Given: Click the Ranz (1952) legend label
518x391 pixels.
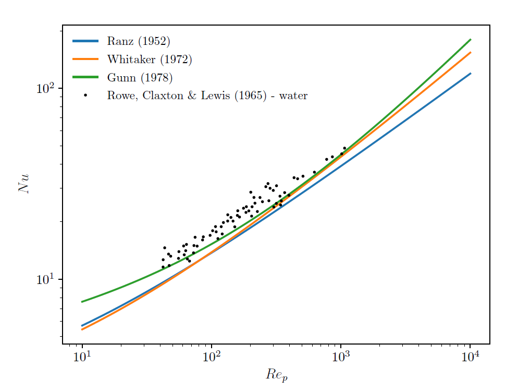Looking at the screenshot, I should point(139,42).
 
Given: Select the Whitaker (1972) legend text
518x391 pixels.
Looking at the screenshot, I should point(149,60).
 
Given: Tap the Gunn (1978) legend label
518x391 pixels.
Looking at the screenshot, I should point(140,78).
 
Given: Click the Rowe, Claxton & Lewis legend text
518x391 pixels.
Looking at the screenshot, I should point(207,96).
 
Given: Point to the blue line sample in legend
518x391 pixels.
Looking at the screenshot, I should point(85,41).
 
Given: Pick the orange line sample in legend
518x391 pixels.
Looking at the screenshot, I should point(85,60).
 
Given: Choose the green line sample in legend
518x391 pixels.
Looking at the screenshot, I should point(85,77).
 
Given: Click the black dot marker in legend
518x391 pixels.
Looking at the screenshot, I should point(85,95).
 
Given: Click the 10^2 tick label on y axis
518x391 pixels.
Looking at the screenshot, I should point(45,88).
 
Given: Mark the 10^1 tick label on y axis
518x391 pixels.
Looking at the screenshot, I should point(45,280).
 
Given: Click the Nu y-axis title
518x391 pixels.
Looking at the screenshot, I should point(24,184).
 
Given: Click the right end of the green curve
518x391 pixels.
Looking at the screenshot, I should point(470,40).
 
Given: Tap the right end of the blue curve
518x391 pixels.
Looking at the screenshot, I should point(470,74).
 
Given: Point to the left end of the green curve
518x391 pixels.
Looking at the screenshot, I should point(82,302).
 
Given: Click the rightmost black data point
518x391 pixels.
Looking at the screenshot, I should point(344,148).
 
